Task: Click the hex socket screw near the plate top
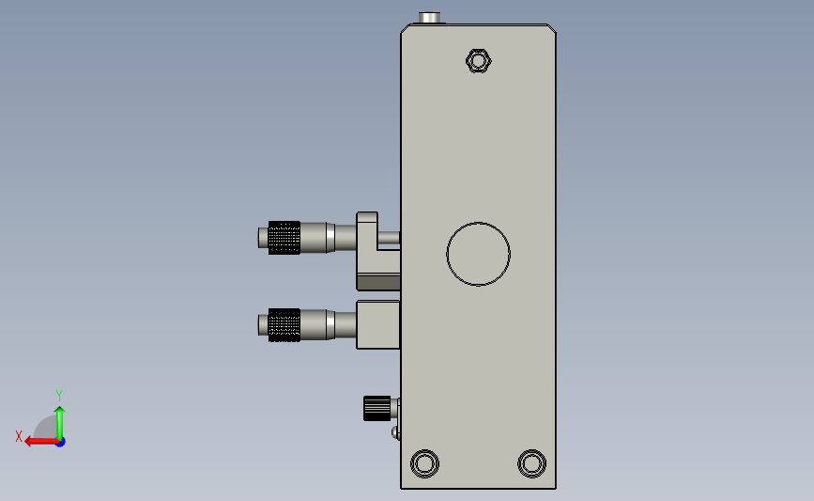(x=478, y=61)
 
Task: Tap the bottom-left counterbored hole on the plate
(x=424, y=463)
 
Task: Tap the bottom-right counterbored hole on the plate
(x=531, y=463)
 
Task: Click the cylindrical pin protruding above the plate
(x=429, y=18)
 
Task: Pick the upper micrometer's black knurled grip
(x=284, y=238)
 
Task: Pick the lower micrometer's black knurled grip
(x=284, y=325)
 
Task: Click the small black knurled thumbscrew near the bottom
(x=376, y=408)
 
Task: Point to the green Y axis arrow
(x=60, y=423)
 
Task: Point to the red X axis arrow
(x=41, y=442)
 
